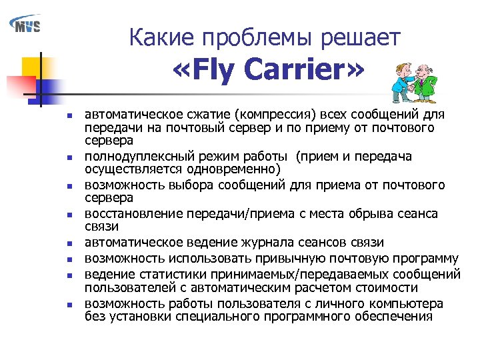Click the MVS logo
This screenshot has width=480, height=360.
[25, 25]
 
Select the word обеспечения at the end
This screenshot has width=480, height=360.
[394, 317]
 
